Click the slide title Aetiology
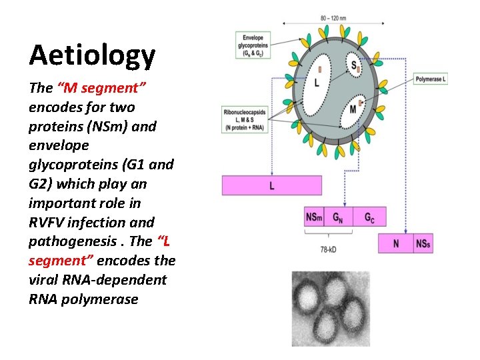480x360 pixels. [x=92, y=55]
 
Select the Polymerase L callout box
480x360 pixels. [x=431, y=79]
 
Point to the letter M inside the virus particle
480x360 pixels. [x=352, y=109]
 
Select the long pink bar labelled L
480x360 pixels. [x=271, y=185]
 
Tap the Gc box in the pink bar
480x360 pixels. [x=370, y=217]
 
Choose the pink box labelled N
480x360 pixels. [x=396, y=244]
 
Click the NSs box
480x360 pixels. [x=423, y=244]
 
